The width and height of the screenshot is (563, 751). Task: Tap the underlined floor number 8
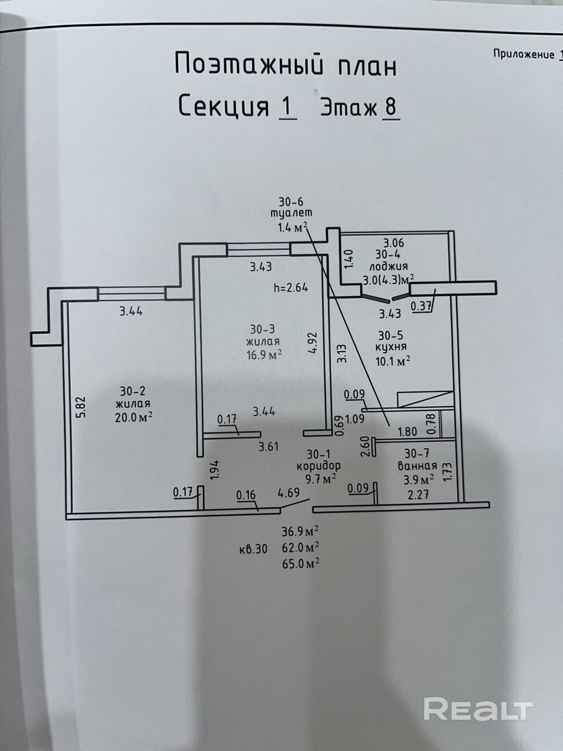(391, 107)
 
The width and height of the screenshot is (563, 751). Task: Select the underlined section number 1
(288, 107)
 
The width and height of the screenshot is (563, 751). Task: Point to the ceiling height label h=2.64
(290, 287)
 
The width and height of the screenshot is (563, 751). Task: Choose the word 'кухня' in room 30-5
(391, 347)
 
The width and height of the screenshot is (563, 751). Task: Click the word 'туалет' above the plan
(291, 214)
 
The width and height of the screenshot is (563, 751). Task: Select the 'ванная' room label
(418, 465)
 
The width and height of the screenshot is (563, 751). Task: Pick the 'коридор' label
(318, 466)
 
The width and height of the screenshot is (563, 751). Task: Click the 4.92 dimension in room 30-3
(314, 343)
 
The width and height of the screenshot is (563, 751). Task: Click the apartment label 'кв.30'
(253, 549)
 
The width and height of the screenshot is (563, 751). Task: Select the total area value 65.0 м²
(300, 563)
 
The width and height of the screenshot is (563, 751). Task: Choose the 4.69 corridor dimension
(289, 492)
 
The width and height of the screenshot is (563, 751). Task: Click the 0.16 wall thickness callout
(246, 495)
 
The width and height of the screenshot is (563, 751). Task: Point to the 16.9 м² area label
(264, 354)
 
